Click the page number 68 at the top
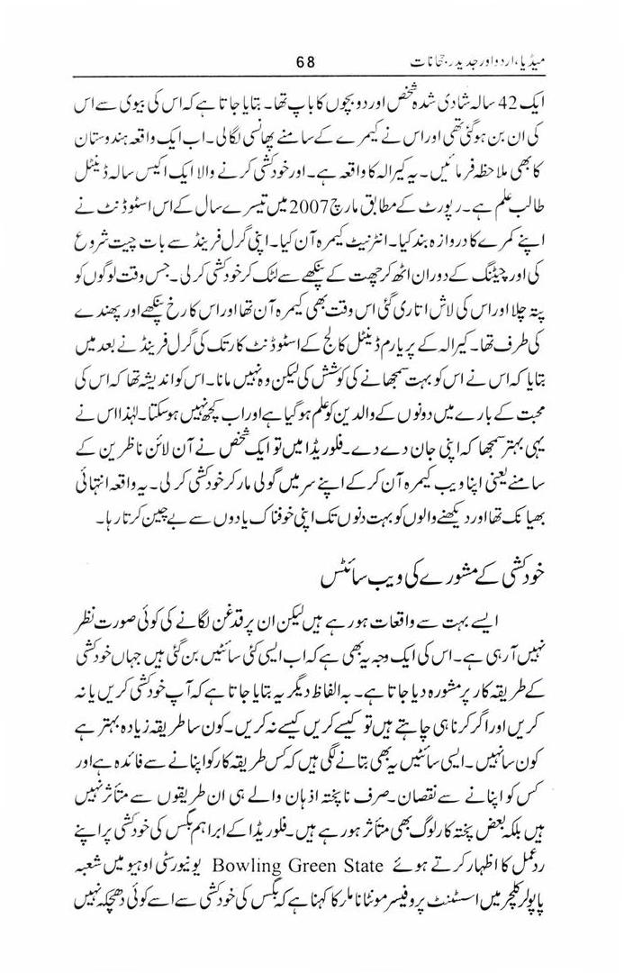point(305,64)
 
